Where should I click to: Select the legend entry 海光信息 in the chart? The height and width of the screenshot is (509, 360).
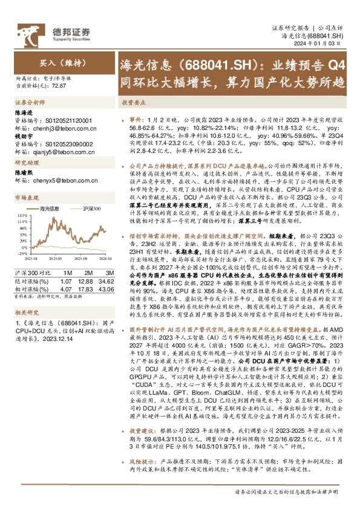tap(49, 209)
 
